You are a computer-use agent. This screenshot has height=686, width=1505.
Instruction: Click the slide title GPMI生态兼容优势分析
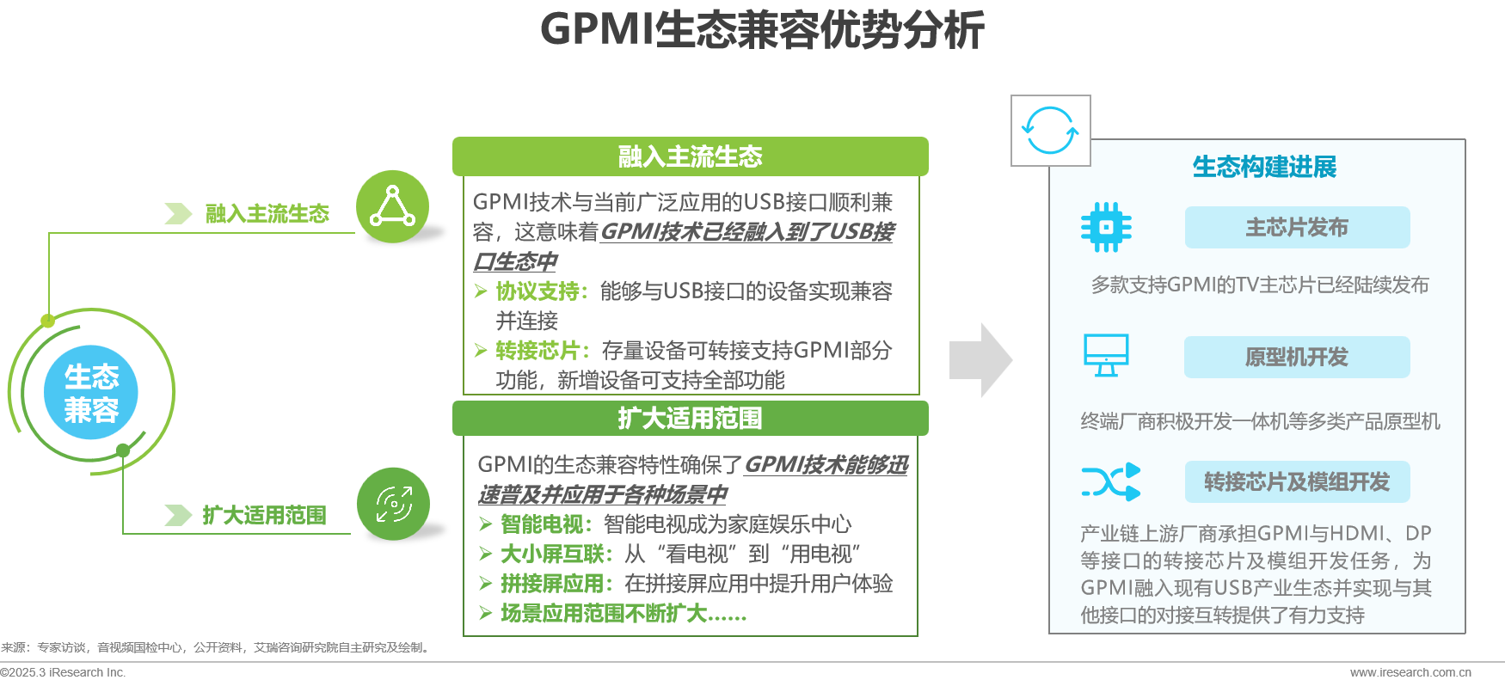click(762, 30)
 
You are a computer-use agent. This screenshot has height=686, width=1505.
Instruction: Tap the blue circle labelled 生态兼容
click(91, 393)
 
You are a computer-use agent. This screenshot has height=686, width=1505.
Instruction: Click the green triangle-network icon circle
click(392, 206)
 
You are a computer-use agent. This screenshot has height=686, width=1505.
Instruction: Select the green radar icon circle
click(394, 504)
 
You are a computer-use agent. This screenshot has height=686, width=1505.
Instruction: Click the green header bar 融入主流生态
click(690, 156)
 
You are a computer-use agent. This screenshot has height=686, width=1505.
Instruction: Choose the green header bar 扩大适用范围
click(690, 419)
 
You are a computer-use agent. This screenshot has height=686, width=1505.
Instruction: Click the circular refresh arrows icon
click(1050, 131)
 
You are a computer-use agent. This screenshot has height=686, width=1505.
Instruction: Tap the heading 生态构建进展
click(1264, 167)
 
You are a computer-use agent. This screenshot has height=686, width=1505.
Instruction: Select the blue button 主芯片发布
click(1297, 228)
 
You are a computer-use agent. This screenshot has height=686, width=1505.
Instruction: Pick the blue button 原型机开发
click(1297, 358)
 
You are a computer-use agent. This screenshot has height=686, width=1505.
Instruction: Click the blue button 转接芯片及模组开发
click(1297, 482)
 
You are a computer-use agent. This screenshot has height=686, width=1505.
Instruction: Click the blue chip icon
click(1106, 228)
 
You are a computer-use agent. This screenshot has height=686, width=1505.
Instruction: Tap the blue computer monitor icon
click(1106, 355)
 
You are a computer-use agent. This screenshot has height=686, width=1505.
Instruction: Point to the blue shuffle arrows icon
click(1110, 482)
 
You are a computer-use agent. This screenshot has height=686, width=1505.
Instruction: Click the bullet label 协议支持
click(537, 291)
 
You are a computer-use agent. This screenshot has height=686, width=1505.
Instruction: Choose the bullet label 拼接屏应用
click(552, 584)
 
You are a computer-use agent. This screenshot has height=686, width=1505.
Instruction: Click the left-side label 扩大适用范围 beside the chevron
click(264, 515)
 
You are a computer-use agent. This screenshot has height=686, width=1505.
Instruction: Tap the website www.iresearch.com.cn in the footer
click(1410, 672)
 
